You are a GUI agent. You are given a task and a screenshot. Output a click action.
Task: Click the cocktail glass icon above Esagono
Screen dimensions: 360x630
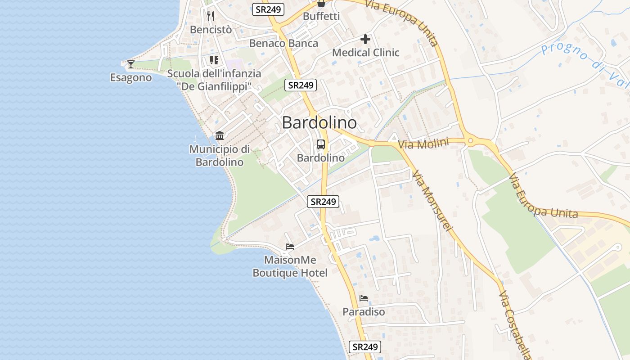pos(130,64)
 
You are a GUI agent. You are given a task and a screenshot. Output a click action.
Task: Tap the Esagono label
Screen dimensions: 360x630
pos(131,78)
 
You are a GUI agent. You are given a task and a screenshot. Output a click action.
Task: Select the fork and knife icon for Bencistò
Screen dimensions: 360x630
pos(211,16)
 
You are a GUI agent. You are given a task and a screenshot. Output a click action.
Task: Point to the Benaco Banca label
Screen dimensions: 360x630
pos(283,43)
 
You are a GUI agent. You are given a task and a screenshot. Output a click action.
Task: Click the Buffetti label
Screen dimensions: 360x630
pos(321,16)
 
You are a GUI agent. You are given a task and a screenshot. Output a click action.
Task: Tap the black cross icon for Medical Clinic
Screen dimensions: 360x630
pos(365,39)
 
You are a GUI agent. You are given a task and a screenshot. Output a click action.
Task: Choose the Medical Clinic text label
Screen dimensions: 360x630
pos(365,53)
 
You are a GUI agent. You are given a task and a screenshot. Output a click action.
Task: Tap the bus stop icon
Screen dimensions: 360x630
pos(320,144)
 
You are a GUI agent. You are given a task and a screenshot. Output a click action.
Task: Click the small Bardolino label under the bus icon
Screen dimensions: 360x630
pos(321,158)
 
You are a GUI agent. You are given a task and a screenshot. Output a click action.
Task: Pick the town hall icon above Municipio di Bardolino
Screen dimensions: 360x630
pos(220,135)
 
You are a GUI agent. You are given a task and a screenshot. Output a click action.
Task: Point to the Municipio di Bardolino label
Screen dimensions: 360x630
pos(220,155)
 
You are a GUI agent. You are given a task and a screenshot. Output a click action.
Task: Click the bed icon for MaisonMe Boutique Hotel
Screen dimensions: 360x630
pos(290,247)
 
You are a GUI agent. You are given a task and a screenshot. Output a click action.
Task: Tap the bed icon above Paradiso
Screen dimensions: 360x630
pos(364,298)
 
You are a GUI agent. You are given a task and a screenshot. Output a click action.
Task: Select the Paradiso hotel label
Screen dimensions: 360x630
pos(364,312)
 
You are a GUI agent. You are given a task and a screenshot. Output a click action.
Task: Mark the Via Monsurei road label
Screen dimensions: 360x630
pos(432,201)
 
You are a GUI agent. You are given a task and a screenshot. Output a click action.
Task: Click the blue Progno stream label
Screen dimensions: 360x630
pos(585,63)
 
